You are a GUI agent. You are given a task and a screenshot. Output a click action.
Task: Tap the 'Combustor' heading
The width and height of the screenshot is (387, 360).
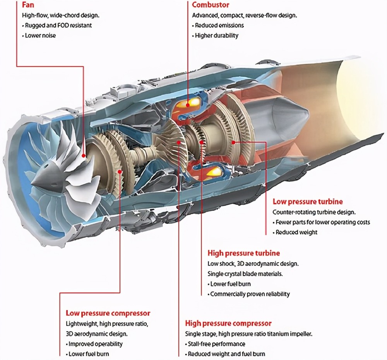coord(211,5)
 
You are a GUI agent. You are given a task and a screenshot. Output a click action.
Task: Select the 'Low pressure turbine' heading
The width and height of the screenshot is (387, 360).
coord(308,202)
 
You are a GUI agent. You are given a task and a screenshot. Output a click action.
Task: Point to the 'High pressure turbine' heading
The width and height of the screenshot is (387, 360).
coord(243,253)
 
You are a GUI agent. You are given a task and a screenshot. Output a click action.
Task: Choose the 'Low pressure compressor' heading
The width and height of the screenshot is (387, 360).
coord(108,313)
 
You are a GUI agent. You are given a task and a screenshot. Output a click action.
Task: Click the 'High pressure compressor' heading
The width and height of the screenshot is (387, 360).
coord(228,323)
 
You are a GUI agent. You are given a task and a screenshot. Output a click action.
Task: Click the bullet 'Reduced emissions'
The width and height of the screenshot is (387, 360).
coord(219,26)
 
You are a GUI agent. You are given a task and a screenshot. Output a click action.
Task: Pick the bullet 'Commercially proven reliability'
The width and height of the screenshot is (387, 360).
coord(250,294)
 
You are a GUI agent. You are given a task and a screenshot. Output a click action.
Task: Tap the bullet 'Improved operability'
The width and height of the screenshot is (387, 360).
coord(95,344)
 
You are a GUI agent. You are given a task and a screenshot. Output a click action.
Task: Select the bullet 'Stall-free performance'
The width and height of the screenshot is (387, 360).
coord(216,344)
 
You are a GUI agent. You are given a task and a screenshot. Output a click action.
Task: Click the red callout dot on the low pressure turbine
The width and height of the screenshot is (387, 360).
coord(233,142)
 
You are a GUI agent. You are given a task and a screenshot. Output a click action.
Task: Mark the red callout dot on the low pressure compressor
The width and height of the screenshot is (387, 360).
coord(120,171)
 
